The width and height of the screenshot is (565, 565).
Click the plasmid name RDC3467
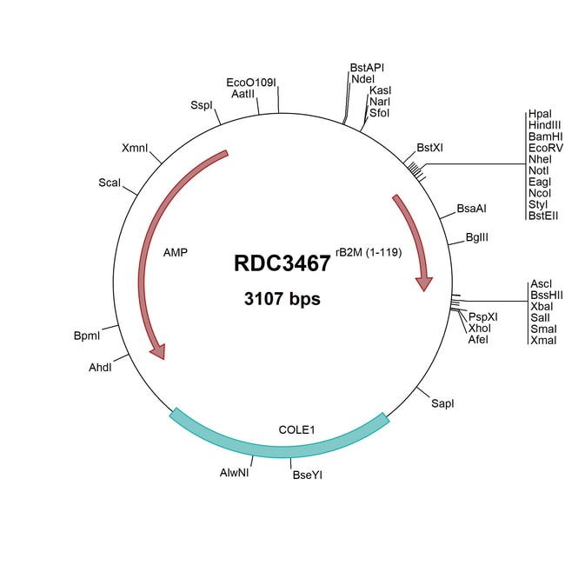coord(282,263)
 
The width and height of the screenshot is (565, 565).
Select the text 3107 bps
coord(282,299)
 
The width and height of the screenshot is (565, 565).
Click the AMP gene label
coord(176,252)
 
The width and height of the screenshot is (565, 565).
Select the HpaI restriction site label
coord(538,115)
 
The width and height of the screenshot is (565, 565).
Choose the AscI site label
coord(540,284)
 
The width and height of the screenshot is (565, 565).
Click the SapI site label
coord(442,403)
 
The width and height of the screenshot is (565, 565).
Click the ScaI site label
coord(110,183)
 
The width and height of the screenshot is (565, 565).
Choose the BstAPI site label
coord(367,67)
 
